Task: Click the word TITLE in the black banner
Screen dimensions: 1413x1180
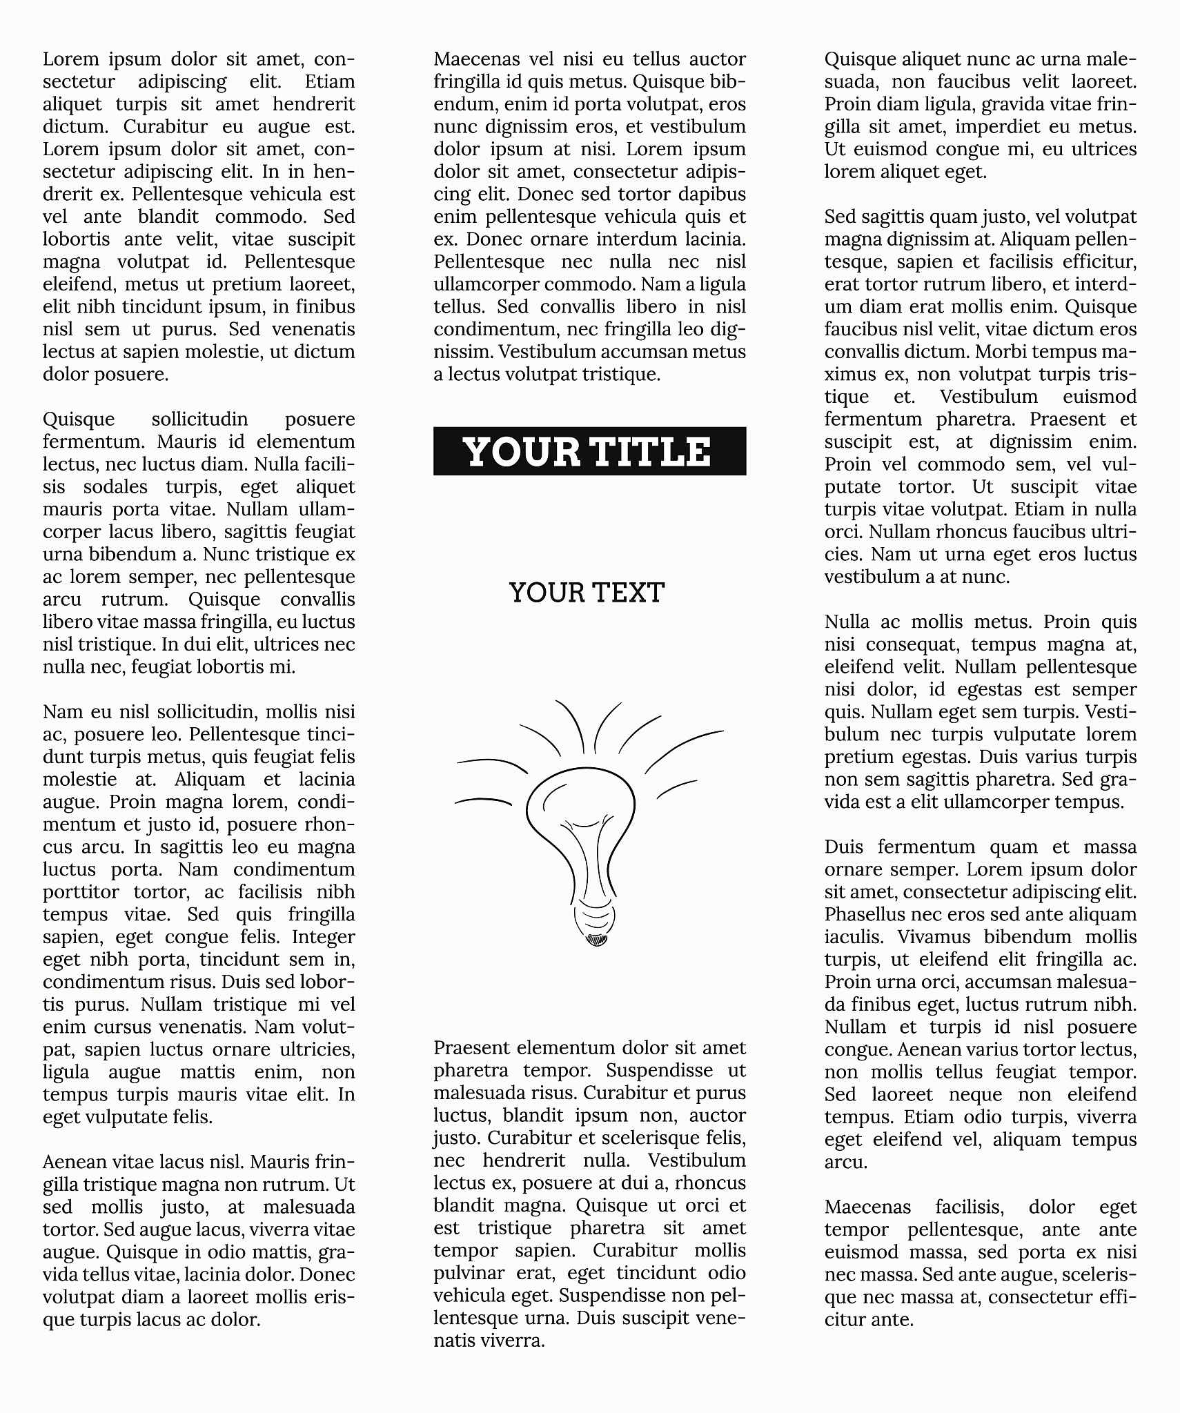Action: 651,452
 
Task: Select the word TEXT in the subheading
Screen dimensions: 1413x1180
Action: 627,593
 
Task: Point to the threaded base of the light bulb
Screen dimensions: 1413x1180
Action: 594,918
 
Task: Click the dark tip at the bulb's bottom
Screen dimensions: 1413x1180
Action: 596,939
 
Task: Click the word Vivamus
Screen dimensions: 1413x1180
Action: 935,937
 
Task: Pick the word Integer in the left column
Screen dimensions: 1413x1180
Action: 323,937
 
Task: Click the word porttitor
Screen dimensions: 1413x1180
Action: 81,892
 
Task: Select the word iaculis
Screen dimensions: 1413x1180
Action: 853,937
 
